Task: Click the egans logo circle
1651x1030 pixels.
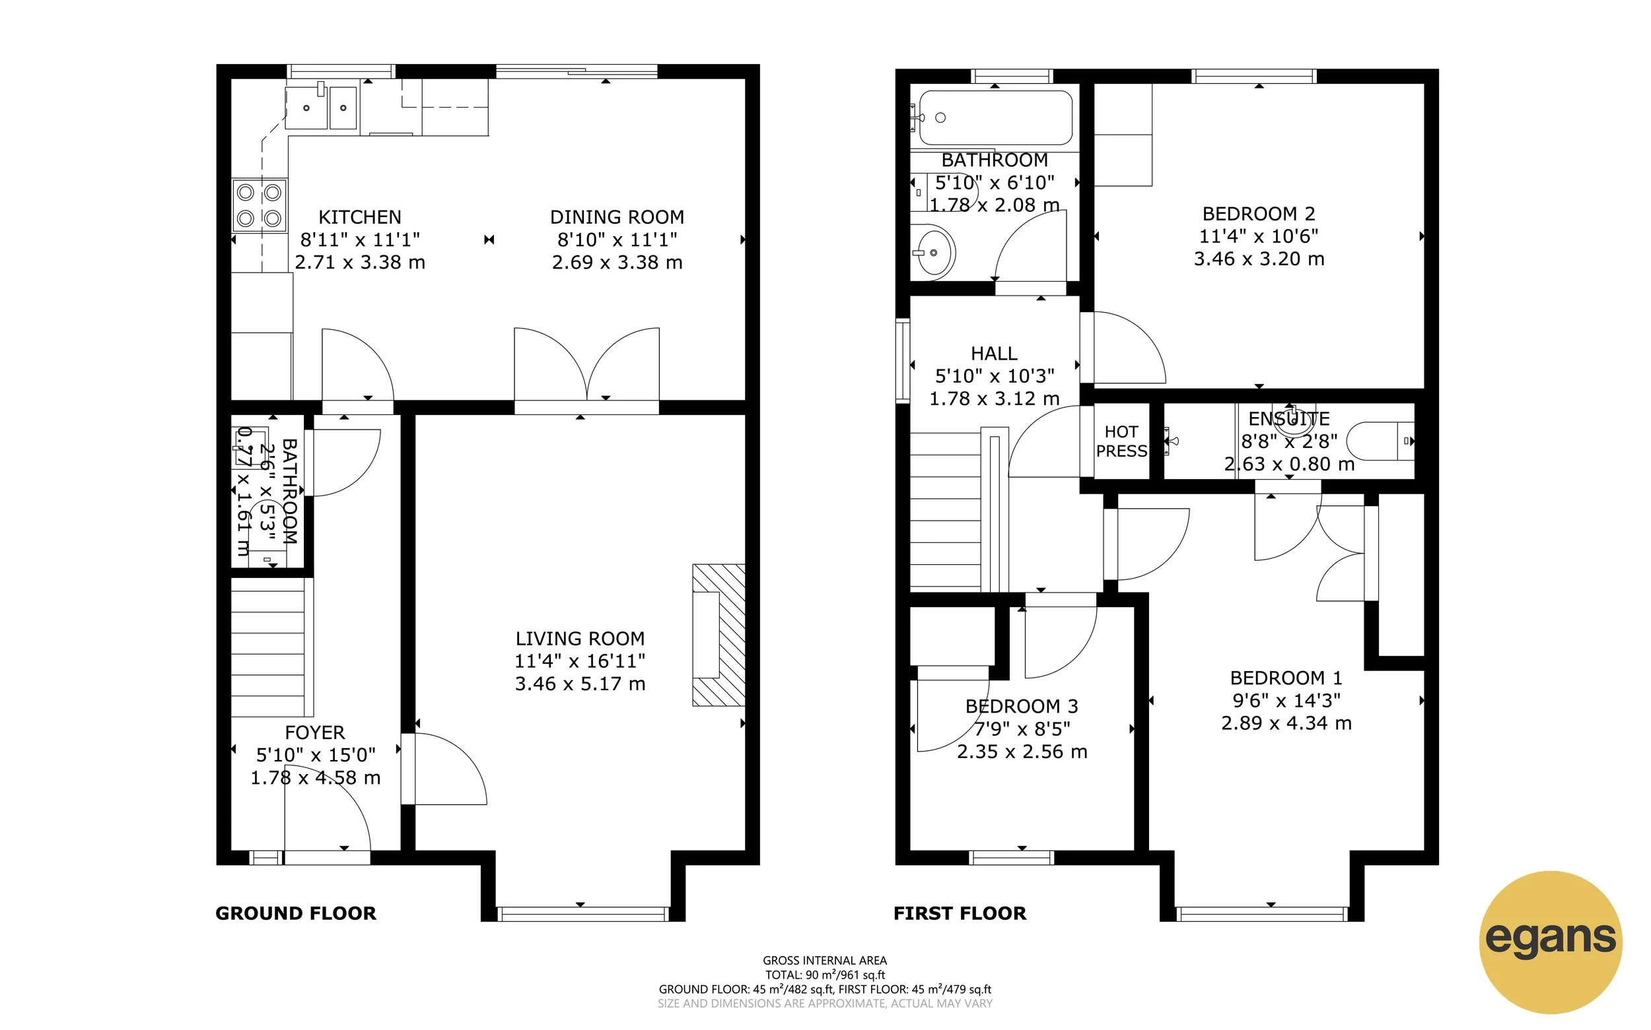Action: (x=1550, y=942)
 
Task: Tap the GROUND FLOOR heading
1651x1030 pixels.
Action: (x=296, y=913)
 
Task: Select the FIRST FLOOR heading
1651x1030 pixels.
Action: (x=959, y=913)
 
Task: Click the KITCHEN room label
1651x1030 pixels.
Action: (x=360, y=217)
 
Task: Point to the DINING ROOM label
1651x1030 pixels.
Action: (x=617, y=217)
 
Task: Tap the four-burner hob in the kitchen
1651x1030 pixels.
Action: (x=259, y=206)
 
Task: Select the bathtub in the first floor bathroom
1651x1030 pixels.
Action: (x=995, y=118)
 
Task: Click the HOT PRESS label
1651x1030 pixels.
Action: (x=1121, y=441)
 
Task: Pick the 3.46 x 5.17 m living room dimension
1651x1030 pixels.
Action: (x=579, y=684)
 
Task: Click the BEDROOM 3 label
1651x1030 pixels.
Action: (x=1021, y=707)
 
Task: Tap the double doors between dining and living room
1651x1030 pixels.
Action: (x=587, y=368)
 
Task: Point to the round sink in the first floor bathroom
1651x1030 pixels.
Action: (x=934, y=253)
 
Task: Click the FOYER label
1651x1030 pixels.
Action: (x=314, y=733)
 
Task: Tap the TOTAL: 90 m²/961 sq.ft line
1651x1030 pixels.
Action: (x=825, y=975)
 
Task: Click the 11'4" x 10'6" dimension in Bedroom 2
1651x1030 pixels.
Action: (x=1258, y=236)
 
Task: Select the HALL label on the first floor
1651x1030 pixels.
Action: (x=994, y=354)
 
